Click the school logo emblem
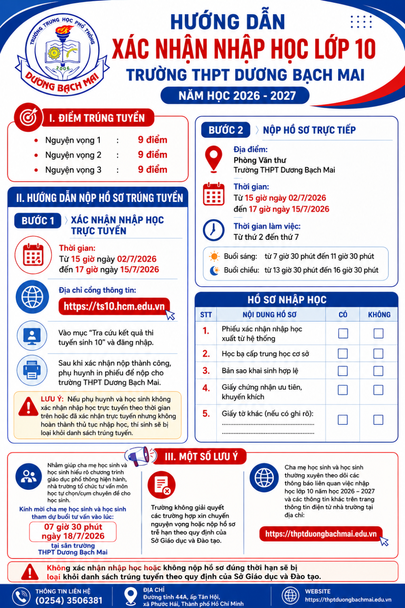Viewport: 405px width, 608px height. click(62, 54)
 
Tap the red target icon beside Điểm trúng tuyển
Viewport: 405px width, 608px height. click(28, 118)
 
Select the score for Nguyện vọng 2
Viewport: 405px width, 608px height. click(152, 155)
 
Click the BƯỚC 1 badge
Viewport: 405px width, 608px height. click(38, 221)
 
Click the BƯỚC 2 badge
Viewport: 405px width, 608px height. click(226, 130)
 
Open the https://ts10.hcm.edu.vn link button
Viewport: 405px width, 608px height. click(114, 306)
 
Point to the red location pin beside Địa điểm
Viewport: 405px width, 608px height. click(214, 159)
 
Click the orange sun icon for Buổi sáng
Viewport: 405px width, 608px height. click(214, 256)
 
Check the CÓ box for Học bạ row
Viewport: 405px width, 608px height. click(343, 354)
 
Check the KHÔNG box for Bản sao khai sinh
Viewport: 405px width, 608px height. click(378, 371)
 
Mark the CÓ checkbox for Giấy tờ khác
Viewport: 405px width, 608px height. click(343, 420)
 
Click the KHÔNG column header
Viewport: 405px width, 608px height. click(379, 315)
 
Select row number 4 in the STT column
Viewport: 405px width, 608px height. click(206, 388)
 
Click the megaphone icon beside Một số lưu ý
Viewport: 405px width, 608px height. click(140, 456)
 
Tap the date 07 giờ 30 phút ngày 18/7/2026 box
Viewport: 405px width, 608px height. click(73, 531)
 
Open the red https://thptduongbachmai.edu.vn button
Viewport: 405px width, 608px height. click(321, 534)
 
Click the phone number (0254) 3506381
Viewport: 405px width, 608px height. click(69, 600)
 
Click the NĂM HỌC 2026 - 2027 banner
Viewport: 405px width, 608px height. click(235, 96)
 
